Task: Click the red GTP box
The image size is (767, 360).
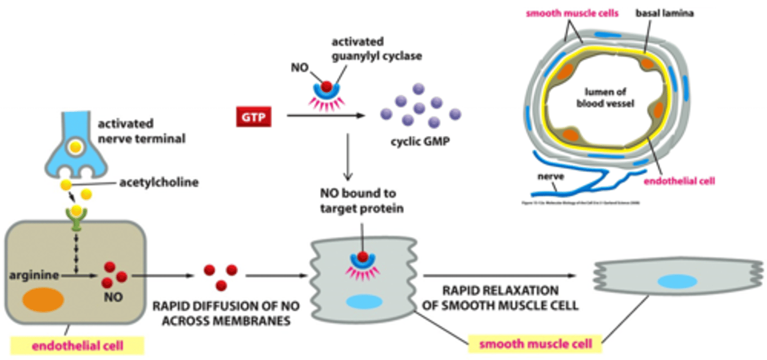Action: [254, 116]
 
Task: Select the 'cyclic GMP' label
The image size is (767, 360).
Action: [417, 143]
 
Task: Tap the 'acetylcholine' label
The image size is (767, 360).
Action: [159, 183]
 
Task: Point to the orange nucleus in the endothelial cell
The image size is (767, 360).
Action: [43, 300]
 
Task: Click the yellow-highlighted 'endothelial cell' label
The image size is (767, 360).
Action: [77, 346]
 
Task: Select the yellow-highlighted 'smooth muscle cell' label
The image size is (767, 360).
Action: [535, 344]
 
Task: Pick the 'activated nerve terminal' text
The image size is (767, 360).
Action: [141, 132]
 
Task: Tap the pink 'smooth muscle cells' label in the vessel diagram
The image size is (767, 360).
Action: [572, 13]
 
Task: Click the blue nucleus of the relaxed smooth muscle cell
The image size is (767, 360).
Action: [676, 282]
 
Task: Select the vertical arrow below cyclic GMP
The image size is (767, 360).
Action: [347, 157]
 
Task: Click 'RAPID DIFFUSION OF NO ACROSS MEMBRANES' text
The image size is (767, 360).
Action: [225, 314]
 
